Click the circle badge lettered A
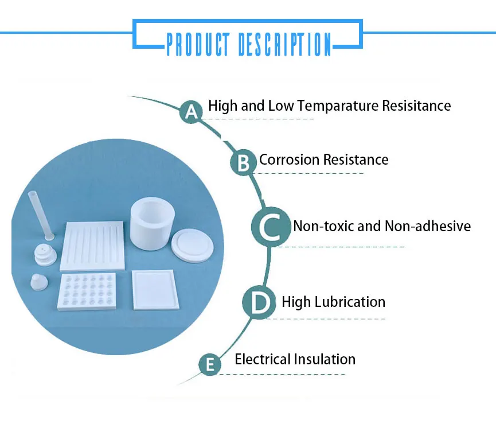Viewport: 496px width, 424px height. (x=192, y=111)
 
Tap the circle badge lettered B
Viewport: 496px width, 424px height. (x=244, y=163)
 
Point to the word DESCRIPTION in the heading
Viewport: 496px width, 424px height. (x=284, y=44)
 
